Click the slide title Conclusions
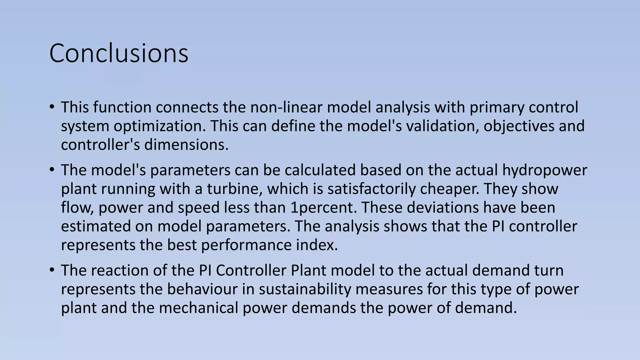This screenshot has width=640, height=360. (x=119, y=53)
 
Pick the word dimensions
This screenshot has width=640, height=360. (x=186, y=145)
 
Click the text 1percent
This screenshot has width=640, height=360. (x=323, y=208)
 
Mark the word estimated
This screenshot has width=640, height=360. (x=96, y=227)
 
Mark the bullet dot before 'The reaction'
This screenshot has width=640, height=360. (x=52, y=270)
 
